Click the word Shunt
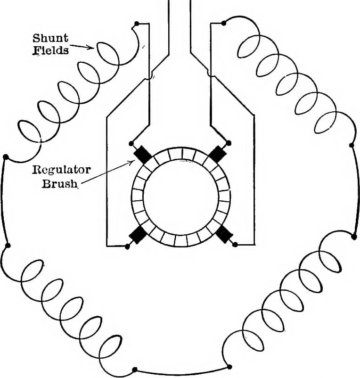(x=50, y=38)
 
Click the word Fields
(x=50, y=50)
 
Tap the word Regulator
(x=61, y=170)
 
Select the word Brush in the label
(x=60, y=184)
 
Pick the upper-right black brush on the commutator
(x=217, y=154)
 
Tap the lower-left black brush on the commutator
(x=138, y=235)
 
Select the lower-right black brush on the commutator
(x=224, y=234)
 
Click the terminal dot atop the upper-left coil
(x=137, y=24)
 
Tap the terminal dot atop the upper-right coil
(x=224, y=23)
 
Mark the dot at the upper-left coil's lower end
(x=6, y=157)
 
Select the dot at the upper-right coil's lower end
(x=352, y=145)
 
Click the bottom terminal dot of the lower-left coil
(x=135, y=370)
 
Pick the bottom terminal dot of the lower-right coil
(x=229, y=367)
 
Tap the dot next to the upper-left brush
(x=131, y=144)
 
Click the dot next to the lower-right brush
(x=235, y=245)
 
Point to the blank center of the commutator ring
(x=181, y=197)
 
